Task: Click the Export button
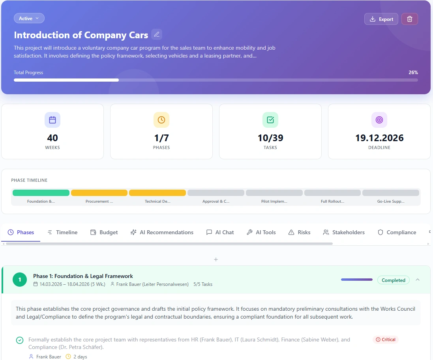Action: [x=381, y=19]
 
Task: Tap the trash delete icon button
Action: [x=409, y=19]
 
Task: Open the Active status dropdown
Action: [x=29, y=18]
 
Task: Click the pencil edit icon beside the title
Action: [x=157, y=34]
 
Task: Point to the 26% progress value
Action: [x=413, y=73]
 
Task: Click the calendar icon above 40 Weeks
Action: [x=52, y=120]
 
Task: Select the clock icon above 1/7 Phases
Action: [x=161, y=120]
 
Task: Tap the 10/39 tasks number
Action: [x=270, y=138]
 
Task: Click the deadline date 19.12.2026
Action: [x=379, y=138]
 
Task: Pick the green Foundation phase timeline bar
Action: [x=41, y=193]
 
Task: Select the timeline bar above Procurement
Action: [x=99, y=193]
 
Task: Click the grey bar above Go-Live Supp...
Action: [x=390, y=193]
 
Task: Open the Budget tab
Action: [x=104, y=232]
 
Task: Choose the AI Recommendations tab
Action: [x=162, y=232]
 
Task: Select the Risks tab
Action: [x=299, y=232]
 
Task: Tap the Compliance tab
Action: [x=397, y=232]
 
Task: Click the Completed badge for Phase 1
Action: [x=393, y=280]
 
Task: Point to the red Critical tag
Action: [x=386, y=339]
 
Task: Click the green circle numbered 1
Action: [x=20, y=280]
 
